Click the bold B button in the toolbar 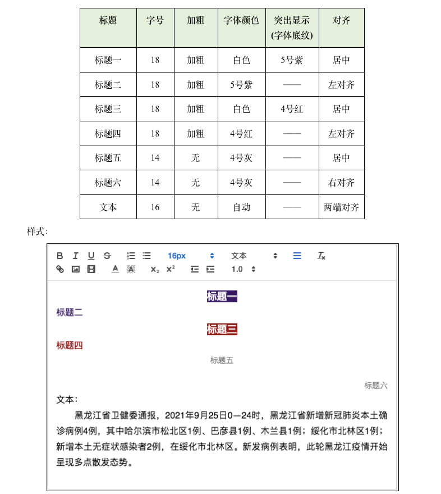pos(60,256)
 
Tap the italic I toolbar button pos(76,256)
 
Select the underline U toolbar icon pos(91,256)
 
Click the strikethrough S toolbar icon pos(107,256)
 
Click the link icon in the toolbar pos(60,269)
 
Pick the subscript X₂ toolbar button pos(155,269)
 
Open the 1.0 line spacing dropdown pos(244,269)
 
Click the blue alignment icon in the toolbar pos(297,256)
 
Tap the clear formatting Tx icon pos(321,256)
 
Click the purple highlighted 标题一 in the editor pos(222,296)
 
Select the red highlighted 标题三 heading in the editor pos(222,329)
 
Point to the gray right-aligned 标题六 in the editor pos(375,386)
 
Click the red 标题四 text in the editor pos(70,345)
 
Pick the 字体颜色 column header pos(241,20)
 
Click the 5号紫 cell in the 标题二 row pos(241,85)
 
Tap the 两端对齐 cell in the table pos(341,207)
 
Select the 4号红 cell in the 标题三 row pos(292,109)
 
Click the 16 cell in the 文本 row pos(155,207)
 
